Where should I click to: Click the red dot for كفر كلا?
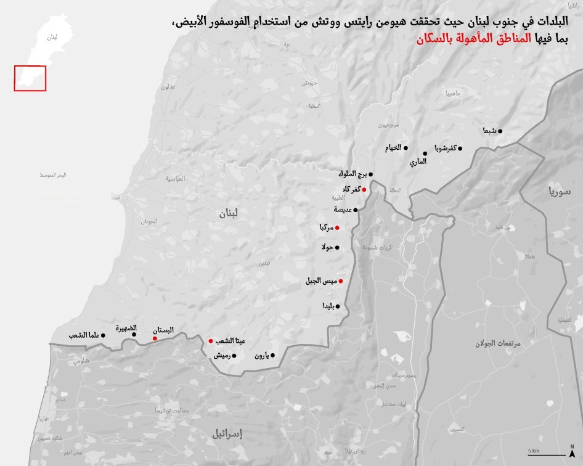pos(364,190)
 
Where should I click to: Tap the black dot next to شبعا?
pos(500,131)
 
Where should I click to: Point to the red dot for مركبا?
pos(337,228)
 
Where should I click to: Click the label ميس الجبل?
pos(320,281)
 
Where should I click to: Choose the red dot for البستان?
pos(155,338)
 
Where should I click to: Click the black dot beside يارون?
pos(273,355)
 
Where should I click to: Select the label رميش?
pos(222,356)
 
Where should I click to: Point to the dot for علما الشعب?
pos(103,335)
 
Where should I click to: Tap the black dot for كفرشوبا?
pos(460,148)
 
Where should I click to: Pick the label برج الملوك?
pos(353,174)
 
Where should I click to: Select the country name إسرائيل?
pos(227,434)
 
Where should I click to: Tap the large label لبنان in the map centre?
pos(227,214)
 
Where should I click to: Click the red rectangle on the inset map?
pos(30,78)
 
